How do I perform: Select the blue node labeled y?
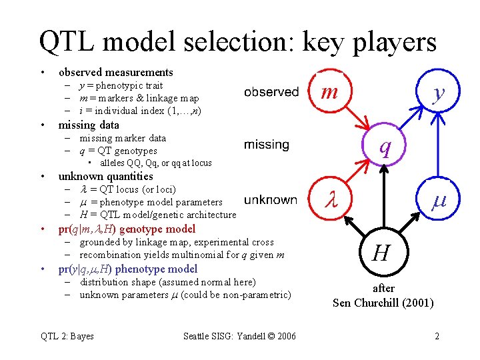tap(437, 93)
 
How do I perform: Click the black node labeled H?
tap(381, 253)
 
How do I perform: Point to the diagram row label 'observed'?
tap(271, 92)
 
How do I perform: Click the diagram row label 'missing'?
tap(267, 145)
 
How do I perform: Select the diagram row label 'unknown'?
tap(271, 199)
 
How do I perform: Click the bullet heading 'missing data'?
tap(89, 125)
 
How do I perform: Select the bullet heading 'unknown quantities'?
tap(105, 176)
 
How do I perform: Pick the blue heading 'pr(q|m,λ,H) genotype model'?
tap(127, 229)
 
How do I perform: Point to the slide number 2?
tap(437, 336)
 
